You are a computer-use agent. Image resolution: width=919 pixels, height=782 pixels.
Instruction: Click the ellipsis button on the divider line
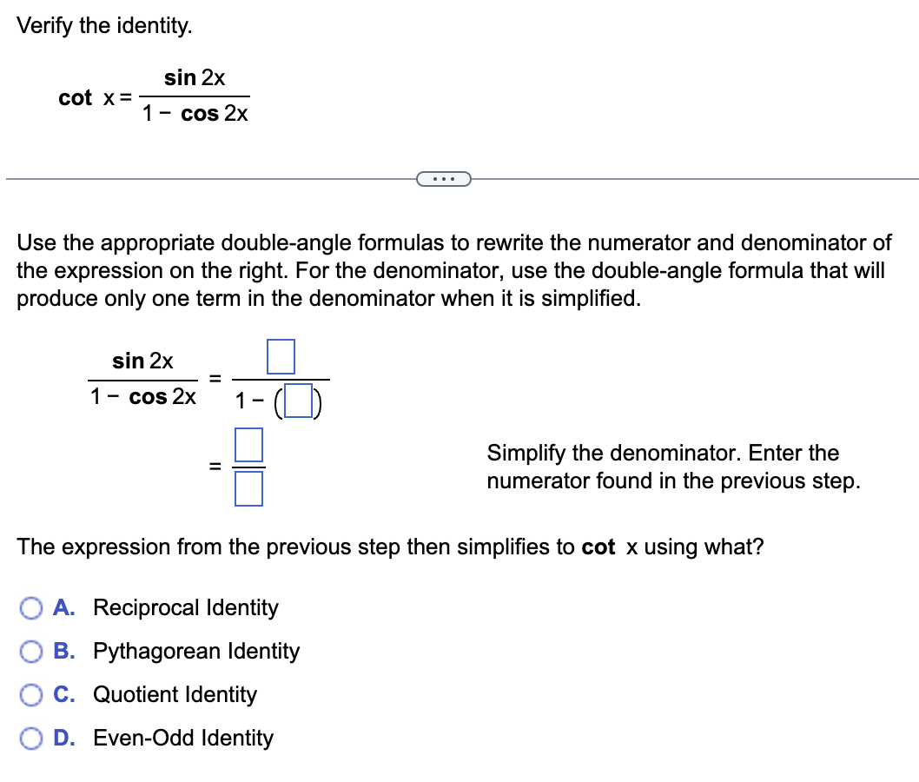point(443,180)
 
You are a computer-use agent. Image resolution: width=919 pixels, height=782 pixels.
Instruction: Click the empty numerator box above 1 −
point(281,356)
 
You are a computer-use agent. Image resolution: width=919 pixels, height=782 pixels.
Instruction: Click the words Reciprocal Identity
point(186,607)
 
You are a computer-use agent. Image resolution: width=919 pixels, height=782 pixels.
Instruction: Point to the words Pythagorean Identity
point(196,651)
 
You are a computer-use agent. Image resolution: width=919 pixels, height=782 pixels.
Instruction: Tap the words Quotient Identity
point(175,694)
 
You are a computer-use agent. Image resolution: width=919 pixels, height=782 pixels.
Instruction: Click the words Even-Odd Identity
point(183,738)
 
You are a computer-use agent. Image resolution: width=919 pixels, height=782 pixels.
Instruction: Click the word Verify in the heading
point(45,26)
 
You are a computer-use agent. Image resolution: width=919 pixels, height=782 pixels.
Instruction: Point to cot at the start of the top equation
point(75,98)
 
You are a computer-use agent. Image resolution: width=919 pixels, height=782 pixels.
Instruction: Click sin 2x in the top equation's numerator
point(195,77)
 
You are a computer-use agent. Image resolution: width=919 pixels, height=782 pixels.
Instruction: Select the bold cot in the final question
point(598,547)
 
